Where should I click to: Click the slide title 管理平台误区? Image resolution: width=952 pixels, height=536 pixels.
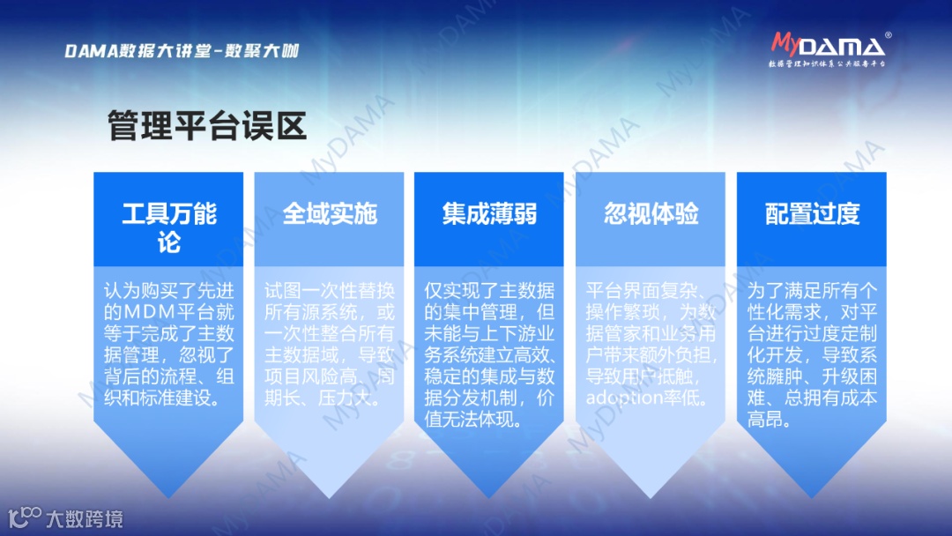207,126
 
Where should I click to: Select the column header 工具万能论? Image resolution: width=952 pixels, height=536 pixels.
169,227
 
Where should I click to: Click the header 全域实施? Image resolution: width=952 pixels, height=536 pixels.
330,214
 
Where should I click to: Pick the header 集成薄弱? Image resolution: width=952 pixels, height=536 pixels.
489,214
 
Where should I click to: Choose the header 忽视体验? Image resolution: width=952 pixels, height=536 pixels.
651,214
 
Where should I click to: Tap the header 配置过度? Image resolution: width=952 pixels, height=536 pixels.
812,214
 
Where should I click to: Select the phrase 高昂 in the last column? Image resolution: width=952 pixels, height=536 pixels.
768,421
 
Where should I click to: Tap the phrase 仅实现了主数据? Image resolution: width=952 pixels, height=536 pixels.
489,291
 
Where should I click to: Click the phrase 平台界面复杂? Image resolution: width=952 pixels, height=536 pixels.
643,291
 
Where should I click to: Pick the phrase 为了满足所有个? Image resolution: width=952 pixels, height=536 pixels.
812,291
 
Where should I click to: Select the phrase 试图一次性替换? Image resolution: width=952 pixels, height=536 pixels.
330,291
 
